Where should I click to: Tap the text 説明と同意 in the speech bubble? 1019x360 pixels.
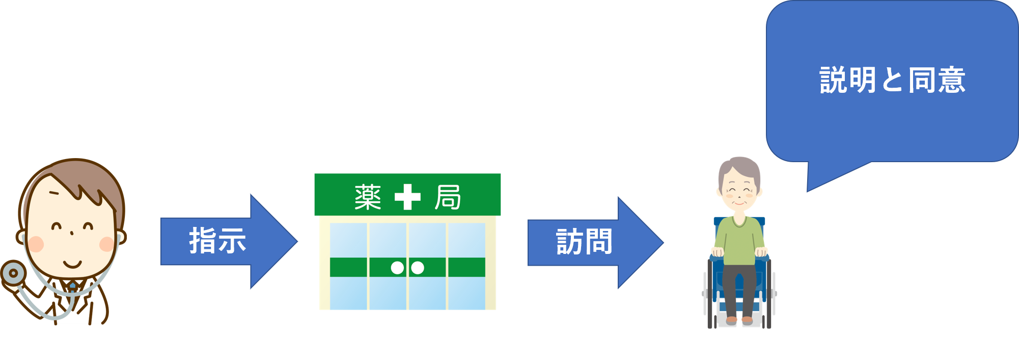[x=892, y=80]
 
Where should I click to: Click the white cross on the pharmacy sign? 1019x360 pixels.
[x=407, y=197]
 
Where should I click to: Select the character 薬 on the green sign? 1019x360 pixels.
[x=368, y=197]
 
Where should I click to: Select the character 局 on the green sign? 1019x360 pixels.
[x=448, y=197]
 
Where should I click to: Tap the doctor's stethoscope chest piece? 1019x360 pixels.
[x=13, y=273]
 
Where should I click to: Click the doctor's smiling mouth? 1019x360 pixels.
[x=72, y=265]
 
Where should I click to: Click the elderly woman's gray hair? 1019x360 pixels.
[x=739, y=166]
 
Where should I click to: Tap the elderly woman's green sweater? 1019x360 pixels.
[x=739, y=240]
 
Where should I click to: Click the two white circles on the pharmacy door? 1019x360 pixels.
[x=407, y=267]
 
